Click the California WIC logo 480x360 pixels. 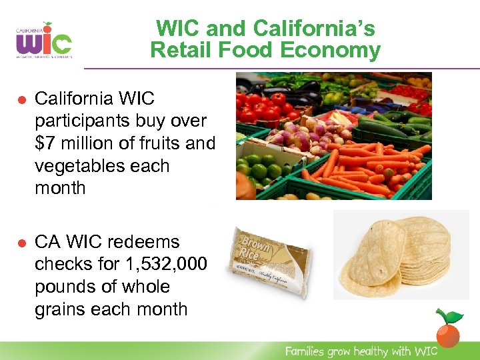(43, 41)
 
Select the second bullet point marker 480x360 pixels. (21, 242)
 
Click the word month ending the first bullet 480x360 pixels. (61, 189)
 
